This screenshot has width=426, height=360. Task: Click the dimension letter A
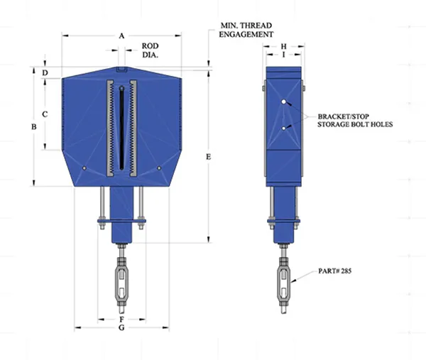tap(121, 36)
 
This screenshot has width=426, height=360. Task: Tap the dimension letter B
tap(34, 126)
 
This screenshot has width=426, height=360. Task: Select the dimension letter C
tap(45, 114)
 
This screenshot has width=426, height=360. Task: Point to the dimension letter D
tap(45, 73)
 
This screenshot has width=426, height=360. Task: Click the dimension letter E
tap(208, 157)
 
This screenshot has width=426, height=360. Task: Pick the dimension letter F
tap(121, 320)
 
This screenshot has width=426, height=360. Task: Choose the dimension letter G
tap(121, 327)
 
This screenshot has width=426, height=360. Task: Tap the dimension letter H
tap(283, 46)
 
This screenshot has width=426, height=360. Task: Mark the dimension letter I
tap(283, 55)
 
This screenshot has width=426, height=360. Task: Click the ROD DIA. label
tap(151, 50)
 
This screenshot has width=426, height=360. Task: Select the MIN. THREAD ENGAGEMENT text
tap(246, 30)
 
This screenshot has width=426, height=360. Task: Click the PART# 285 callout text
tap(334, 271)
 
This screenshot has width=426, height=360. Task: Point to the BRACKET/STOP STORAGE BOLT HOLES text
tap(355, 121)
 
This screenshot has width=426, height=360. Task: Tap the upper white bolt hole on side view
tap(283, 102)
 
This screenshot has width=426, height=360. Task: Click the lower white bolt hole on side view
tap(283, 129)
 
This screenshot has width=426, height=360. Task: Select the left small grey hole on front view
tap(84, 168)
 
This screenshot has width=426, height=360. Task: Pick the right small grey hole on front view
tap(159, 168)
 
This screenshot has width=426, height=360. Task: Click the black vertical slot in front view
tap(121, 128)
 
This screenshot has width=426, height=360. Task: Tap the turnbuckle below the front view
tap(121, 283)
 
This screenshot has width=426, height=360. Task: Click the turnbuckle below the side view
tap(283, 283)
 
